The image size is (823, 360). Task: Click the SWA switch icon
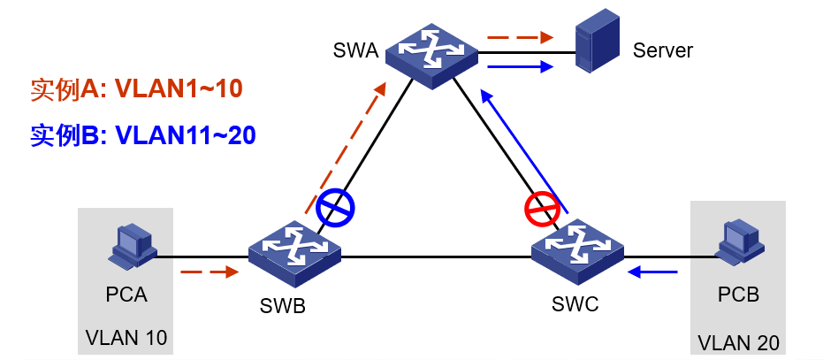point(431,55)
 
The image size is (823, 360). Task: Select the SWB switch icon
point(294,253)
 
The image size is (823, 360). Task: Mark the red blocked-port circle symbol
point(542,211)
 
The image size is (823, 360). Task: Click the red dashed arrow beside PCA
point(210,272)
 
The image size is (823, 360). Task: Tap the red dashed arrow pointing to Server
point(520,38)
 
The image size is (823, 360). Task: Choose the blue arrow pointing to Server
point(520,66)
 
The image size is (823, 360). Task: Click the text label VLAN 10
point(126,337)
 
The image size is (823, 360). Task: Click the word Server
point(663,50)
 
